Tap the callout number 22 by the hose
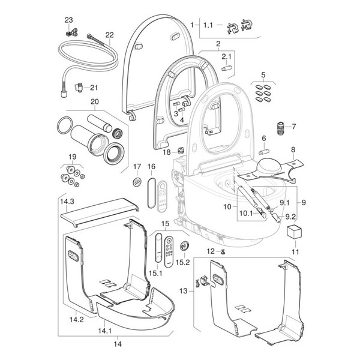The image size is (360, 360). (x=110, y=34)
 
